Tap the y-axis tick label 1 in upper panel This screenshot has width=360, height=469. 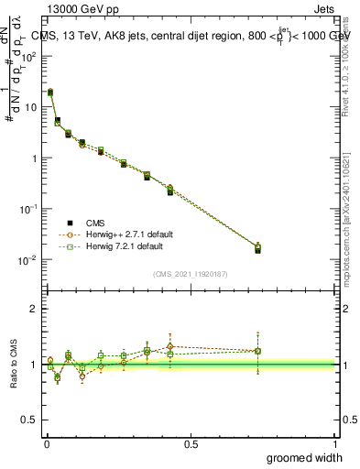tap(32, 158)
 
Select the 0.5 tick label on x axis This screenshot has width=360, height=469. tap(191, 443)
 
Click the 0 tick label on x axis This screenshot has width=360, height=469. tap(47, 443)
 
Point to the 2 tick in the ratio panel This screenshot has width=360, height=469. tap(33, 309)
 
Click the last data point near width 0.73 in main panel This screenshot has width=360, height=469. tap(257, 248)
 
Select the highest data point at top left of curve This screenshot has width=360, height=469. tap(50, 93)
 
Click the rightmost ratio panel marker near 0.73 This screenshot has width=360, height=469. tap(258, 351)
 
